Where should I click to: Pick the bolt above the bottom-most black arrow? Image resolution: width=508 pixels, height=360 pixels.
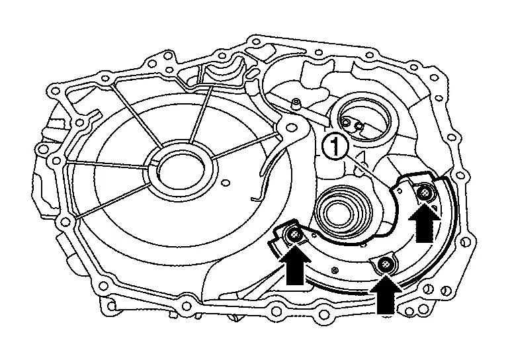(x=384, y=265)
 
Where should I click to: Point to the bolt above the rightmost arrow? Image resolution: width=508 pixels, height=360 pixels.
(x=425, y=193)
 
